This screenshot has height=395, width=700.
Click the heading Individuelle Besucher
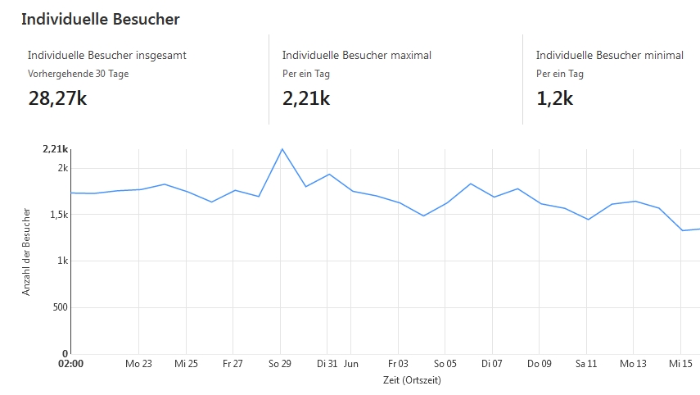(x=100, y=18)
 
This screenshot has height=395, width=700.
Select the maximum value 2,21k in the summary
(x=305, y=98)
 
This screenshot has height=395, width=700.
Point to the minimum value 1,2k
(x=554, y=98)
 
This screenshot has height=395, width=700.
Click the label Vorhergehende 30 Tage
(x=78, y=74)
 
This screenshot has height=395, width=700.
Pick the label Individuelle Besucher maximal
(x=356, y=55)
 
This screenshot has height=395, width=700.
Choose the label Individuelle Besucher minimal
(x=609, y=55)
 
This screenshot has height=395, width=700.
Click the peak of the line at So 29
(x=282, y=149)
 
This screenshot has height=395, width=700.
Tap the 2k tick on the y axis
(x=62, y=168)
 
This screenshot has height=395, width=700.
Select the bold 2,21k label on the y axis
(x=55, y=149)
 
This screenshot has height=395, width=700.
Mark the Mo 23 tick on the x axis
(x=138, y=363)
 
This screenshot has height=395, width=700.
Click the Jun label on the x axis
(x=350, y=363)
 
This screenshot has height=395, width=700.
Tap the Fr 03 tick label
(x=398, y=363)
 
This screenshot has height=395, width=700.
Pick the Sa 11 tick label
(x=586, y=363)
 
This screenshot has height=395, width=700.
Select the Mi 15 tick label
(x=680, y=363)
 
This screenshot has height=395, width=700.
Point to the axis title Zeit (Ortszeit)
(x=411, y=380)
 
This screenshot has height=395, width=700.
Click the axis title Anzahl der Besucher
(x=26, y=252)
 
